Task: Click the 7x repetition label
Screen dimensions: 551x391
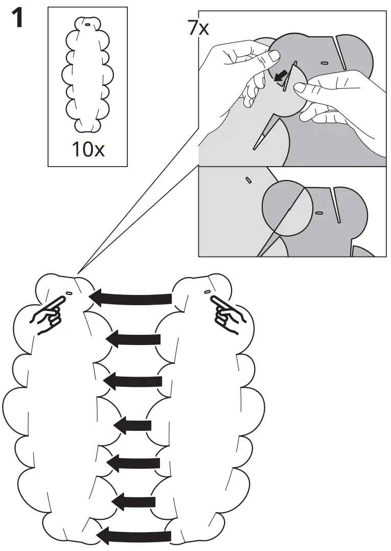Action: point(198,28)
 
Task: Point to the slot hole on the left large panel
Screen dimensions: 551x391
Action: point(68,293)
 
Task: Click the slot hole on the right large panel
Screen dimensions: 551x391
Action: point(206,291)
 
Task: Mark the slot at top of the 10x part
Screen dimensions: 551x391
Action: point(88,24)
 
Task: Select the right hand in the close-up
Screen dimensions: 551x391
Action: point(337,97)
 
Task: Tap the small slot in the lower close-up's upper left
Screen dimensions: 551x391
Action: point(248,180)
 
